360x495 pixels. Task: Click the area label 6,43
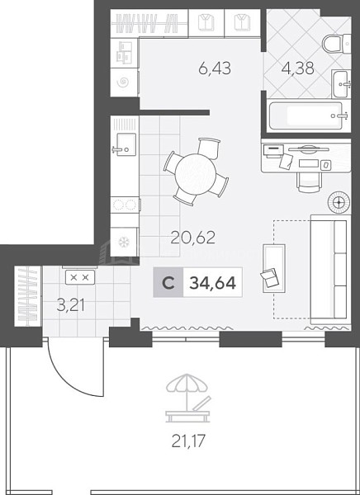(215, 68)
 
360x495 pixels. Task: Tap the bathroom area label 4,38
(298, 68)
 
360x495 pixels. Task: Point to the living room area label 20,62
(193, 238)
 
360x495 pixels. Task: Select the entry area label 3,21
(70, 305)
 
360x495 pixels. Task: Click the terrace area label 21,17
(188, 441)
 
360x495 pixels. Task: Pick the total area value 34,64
(212, 283)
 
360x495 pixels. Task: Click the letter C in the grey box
(168, 283)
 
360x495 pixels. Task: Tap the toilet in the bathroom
(336, 45)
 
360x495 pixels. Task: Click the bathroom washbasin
(341, 83)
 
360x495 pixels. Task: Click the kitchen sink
(125, 144)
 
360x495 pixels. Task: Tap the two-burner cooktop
(125, 205)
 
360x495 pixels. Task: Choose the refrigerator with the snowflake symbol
(124, 242)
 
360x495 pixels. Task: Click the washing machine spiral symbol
(123, 82)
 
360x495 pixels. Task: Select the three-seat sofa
(330, 269)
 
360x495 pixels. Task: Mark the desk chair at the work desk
(310, 182)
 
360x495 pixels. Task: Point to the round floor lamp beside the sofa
(339, 202)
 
